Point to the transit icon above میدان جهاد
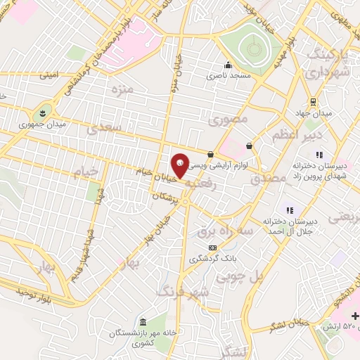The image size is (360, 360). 312,101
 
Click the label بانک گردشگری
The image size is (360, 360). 214,259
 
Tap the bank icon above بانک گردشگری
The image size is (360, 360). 213,247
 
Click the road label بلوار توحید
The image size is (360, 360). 35,290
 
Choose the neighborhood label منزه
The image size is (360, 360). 122,89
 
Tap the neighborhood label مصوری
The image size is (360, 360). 229,120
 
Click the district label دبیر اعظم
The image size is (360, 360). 299,134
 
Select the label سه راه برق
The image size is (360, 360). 215,231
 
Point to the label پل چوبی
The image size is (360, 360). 259,278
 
